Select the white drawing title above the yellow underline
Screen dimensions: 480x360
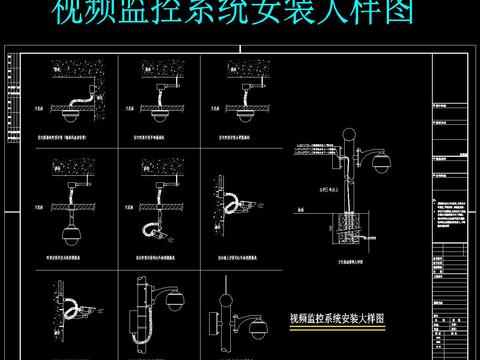pos(338,318)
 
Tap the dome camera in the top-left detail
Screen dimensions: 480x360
pos(70,115)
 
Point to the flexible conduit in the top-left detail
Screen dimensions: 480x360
pos(78,101)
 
